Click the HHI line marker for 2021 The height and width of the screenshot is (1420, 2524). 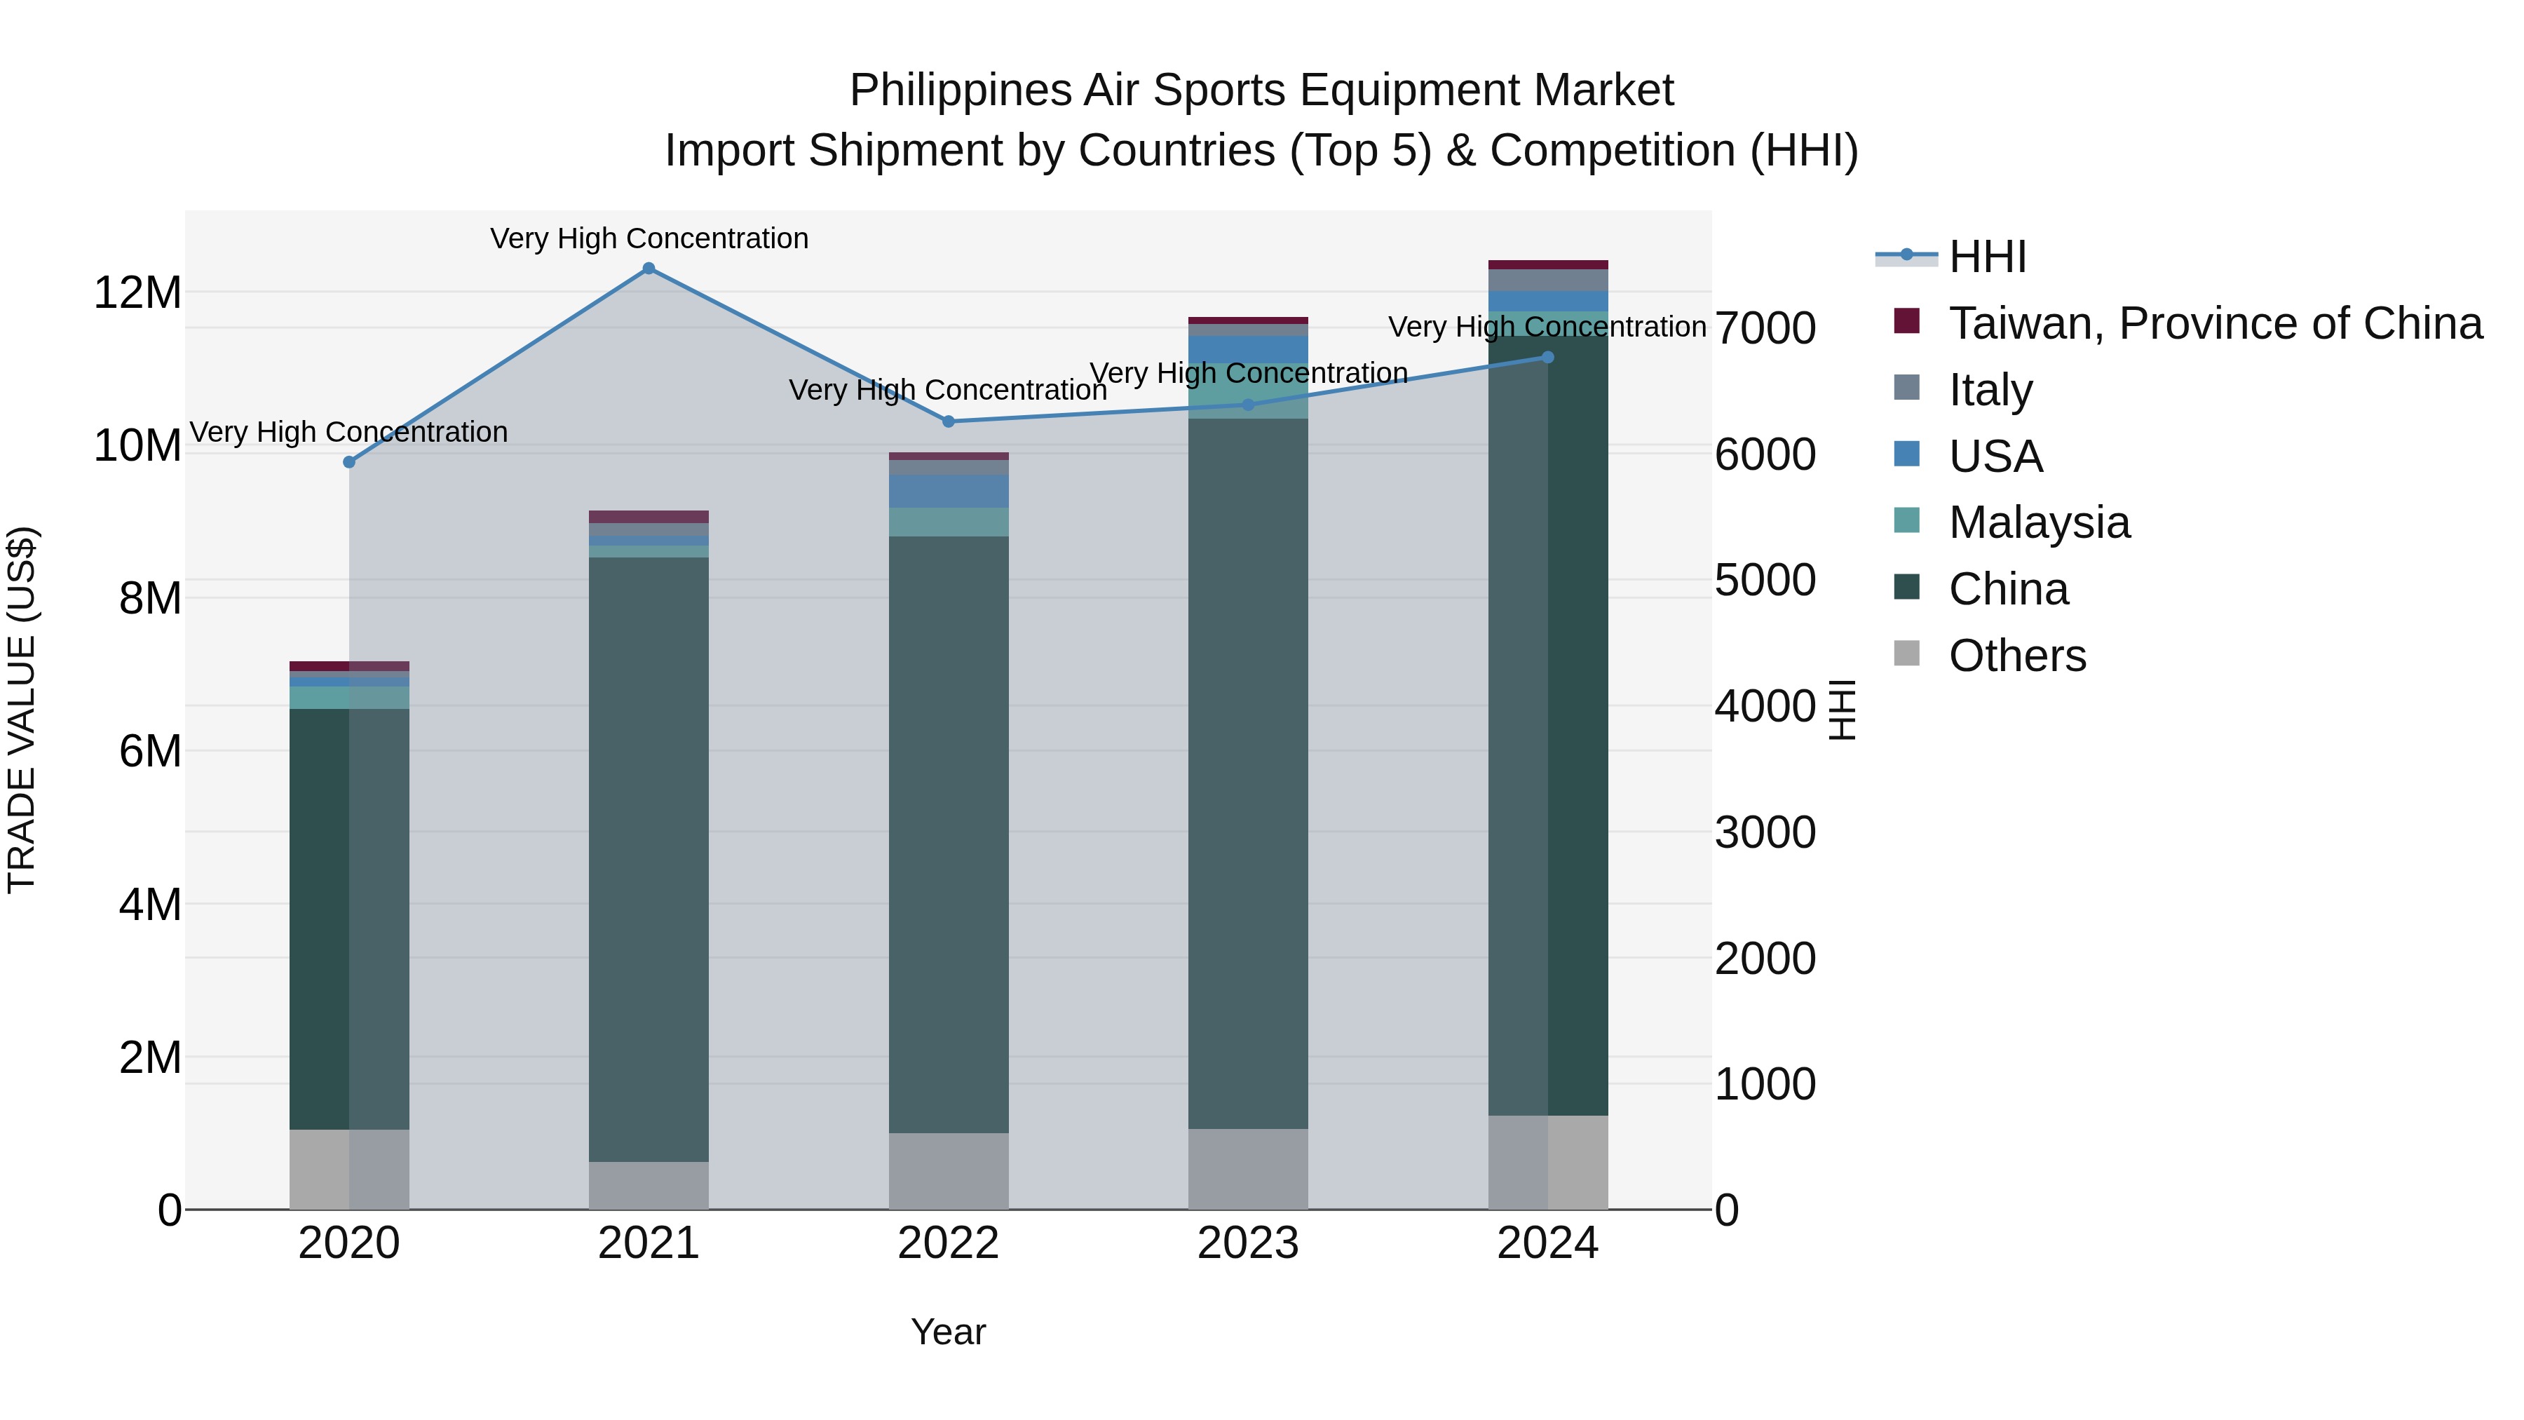click(649, 269)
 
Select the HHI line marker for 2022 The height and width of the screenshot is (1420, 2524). click(949, 421)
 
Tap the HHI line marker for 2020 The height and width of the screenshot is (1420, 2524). click(349, 461)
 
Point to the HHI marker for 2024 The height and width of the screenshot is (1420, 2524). click(1548, 358)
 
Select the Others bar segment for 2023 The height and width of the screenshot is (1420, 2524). click(1248, 1168)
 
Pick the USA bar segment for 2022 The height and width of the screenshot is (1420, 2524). click(949, 491)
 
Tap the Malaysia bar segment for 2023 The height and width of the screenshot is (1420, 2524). click(1248, 391)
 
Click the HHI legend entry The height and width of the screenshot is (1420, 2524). click(1986, 257)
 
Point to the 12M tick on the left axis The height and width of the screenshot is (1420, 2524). click(137, 292)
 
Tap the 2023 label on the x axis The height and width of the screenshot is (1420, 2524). click(1248, 1243)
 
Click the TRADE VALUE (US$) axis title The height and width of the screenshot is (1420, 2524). click(22, 710)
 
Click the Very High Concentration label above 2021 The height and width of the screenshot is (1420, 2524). click(649, 238)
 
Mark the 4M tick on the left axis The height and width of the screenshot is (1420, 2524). click(150, 905)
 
